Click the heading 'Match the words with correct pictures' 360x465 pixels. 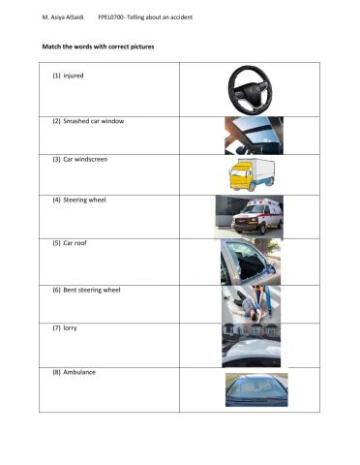click(x=98, y=46)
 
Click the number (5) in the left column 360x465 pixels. click(x=57, y=242)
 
